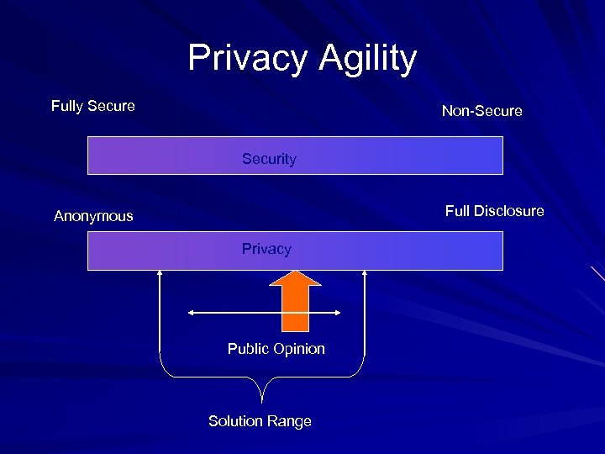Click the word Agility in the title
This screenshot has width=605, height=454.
tap(367, 58)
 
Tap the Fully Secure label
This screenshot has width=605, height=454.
tap(92, 106)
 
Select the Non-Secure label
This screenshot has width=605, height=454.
tap(481, 111)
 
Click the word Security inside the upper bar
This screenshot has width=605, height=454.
tap(269, 159)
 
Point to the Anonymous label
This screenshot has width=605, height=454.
tap(93, 216)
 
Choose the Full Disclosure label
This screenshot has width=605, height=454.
tap(494, 211)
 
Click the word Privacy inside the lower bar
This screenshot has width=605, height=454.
tap(266, 249)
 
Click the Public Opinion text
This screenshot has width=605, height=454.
tap(276, 349)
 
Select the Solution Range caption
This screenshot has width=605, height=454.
tap(260, 421)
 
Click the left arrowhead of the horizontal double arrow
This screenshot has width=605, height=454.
tap(191, 313)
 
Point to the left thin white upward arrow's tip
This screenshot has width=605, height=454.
tap(160, 272)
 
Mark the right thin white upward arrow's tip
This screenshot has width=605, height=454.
tap(366, 272)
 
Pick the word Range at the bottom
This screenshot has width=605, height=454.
tap(290, 421)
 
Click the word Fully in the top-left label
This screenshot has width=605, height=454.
tap(67, 106)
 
